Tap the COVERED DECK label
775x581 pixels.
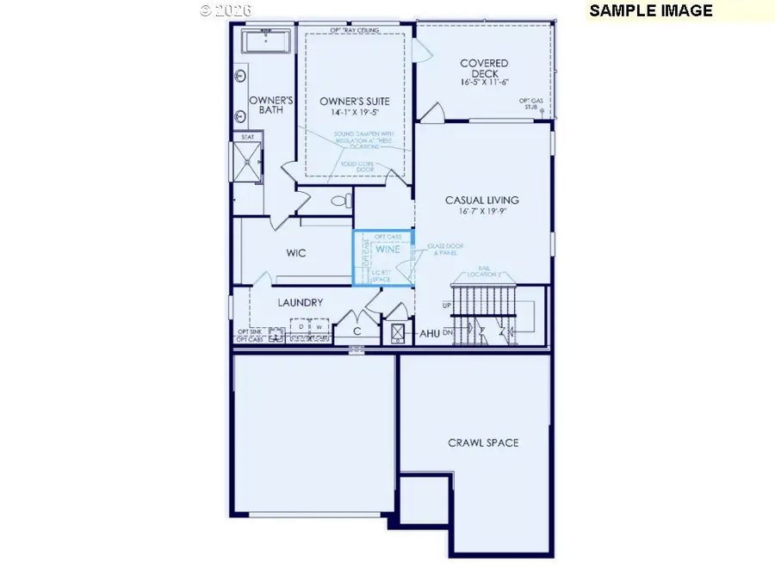click(x=483, y=68)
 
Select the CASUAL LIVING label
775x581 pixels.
click(x=481, y=201)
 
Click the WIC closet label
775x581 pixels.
click(x=296, y=254)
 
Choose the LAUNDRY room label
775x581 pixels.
click(x=300, y=303)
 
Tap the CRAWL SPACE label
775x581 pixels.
click(x=483, y=442)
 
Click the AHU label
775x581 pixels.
click(x=430, y=333)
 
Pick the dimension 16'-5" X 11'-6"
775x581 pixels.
click(x=483, y=83)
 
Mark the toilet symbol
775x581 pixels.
click(x=342, y=201)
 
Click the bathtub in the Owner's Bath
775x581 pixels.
click(x=267, y=40)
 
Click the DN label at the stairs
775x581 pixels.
click(x=448, y=332)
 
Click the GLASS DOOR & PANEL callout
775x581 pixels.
click(x=444, y=250)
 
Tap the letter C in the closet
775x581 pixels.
click(x=356, y=331)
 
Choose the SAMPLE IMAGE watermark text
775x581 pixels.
click(x=651, y=11)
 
